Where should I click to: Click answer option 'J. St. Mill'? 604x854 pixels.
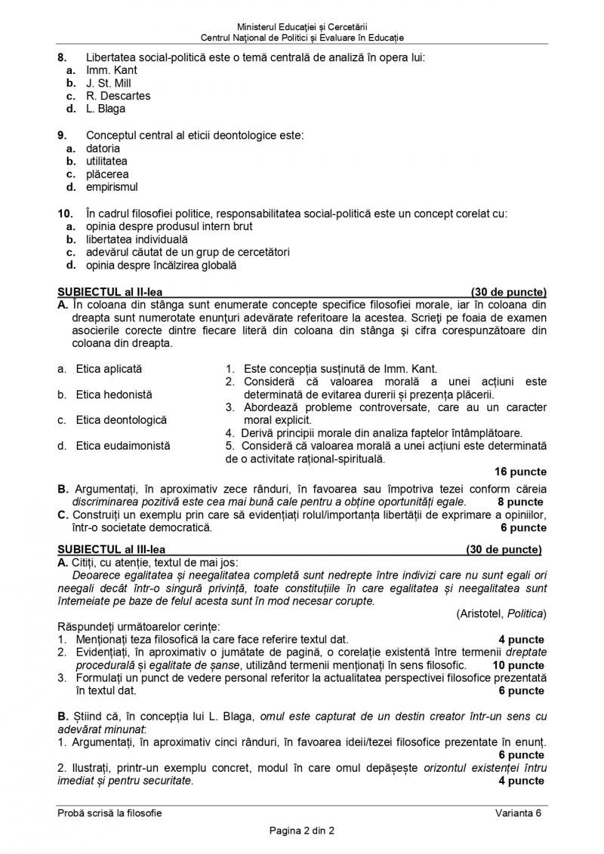coord(108,83)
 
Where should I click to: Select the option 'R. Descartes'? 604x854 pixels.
coord(118,96)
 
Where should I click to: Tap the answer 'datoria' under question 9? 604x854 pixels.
coord(103,149)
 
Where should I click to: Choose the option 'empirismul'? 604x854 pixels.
coord(112,187)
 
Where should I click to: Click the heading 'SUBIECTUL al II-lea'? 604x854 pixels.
coord(110,291)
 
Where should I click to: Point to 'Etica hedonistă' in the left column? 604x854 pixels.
coord(113,394)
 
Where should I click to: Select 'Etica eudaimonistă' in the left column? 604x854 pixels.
coord(122,446)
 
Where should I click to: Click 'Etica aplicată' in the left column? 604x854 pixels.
coord(109,369)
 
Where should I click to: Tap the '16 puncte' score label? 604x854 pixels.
coord(521,472)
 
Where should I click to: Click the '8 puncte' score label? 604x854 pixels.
coord(520,502)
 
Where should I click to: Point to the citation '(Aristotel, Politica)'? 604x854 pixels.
coord(501,613)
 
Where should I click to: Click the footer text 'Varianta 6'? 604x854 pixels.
coord(519,812)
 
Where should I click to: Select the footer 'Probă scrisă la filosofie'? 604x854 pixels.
coord(109,812)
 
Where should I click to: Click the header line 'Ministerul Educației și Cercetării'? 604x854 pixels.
coord(302,26)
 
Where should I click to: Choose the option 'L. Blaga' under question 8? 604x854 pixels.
coord(106,109)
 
